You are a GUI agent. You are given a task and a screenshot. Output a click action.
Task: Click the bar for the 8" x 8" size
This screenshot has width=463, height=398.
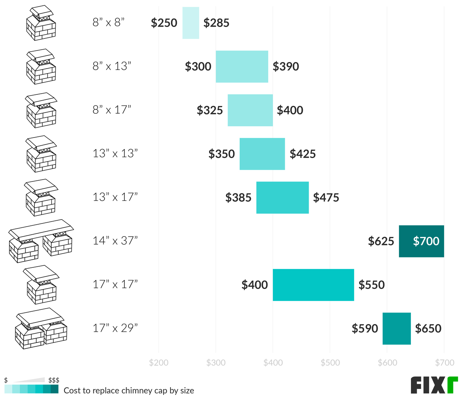click(191, 23)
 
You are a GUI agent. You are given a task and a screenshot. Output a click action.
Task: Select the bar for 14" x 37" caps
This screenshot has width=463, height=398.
click(421, 241)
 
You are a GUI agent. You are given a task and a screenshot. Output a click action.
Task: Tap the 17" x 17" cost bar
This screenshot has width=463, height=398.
click(313, 285)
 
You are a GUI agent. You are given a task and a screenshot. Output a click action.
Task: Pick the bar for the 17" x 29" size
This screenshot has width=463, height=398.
click(397, 328)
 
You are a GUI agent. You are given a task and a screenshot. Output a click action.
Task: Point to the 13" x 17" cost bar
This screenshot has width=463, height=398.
click(282, 197)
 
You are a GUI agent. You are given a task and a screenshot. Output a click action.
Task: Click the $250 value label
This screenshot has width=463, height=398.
click(164, 23)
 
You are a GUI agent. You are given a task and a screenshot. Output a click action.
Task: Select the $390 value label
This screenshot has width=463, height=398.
click(286, 66)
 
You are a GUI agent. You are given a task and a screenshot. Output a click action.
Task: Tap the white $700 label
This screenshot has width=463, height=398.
click(426, 241)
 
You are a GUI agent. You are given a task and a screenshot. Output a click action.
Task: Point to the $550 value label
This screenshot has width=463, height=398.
click(372, 285)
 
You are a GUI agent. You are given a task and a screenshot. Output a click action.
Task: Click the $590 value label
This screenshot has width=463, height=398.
click(365, 328)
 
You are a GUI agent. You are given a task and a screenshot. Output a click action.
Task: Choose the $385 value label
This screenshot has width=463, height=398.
click(238, 197)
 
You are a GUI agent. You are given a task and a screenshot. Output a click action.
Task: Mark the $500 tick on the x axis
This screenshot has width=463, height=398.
click(330, 363)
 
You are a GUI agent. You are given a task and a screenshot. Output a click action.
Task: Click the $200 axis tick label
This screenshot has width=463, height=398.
click(159, 363)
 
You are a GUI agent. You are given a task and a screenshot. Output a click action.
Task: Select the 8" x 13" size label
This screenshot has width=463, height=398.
click(112, 66)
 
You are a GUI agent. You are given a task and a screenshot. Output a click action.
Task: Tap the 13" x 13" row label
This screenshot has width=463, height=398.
click(115, 154)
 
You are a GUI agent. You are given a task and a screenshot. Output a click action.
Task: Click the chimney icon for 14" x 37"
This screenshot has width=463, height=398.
click(41, 241)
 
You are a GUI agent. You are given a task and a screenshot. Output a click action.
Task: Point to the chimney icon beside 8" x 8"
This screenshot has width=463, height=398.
click(41, 23)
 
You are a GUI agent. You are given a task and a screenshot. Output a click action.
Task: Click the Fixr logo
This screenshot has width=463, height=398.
click(434, 385)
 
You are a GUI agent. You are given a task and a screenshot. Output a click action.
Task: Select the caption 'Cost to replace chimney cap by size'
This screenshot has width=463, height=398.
click(129, 390)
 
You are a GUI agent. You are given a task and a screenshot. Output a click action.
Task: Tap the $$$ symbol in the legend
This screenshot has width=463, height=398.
click(53, 380)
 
